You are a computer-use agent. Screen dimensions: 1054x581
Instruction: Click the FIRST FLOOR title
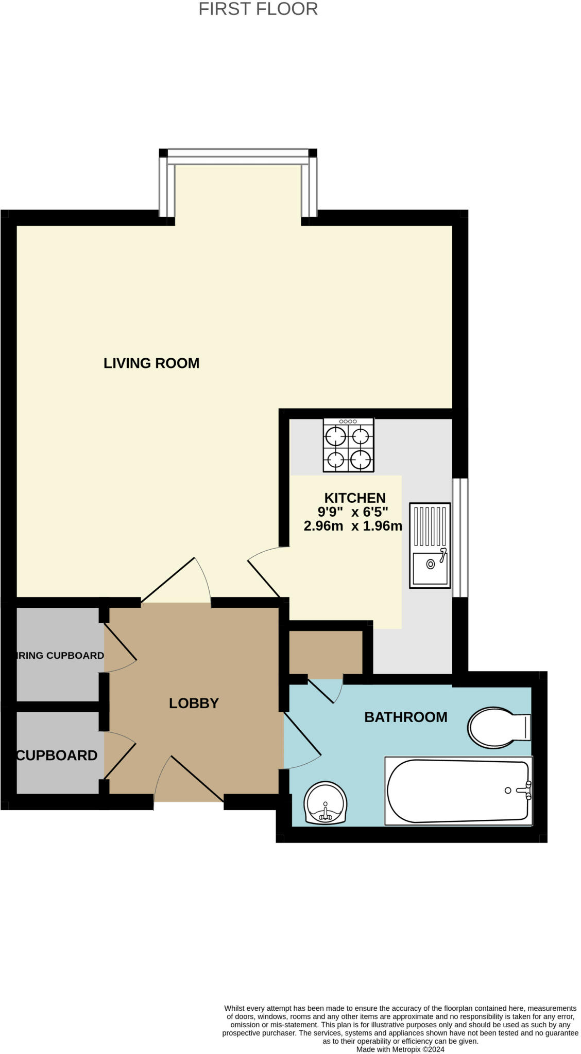[x=258, y=9]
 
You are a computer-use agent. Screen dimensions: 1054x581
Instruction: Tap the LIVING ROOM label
[x=151, y=363]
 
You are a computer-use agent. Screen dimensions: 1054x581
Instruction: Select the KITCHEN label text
[x=355, y=498]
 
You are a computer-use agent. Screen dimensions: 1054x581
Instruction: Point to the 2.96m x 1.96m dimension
[x=353, y=526]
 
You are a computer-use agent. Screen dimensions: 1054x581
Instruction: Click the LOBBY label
[x=194, y=703]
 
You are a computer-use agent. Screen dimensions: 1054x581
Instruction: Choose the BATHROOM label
[x=406, y=717]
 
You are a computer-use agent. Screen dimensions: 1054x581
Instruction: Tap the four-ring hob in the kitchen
[x=348, y=445]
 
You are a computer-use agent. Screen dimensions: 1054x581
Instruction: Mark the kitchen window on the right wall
[x=460, y=538]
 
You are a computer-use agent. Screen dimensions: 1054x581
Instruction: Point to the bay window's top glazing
[x=237, y=156]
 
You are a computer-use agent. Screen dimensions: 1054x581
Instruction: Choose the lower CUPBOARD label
[x=57, y=756]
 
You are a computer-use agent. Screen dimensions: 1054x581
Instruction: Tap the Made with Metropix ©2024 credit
[x=400, y=1049]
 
